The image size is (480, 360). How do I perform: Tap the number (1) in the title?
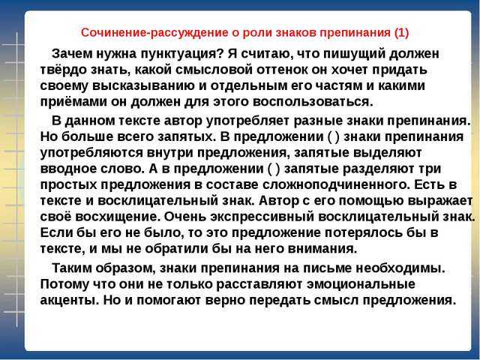click(x=402, y=33)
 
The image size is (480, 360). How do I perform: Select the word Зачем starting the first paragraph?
click(x=72, y=54)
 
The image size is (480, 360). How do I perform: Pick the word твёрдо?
click(x=63, y=70)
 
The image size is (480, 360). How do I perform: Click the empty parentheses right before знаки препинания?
click(x=333, y=136)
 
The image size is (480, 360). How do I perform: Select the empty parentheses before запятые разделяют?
click(x=274, y=168)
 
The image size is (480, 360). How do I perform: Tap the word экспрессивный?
click(x=262, y=217)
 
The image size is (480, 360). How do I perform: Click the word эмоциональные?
click(x=361, y=285)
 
